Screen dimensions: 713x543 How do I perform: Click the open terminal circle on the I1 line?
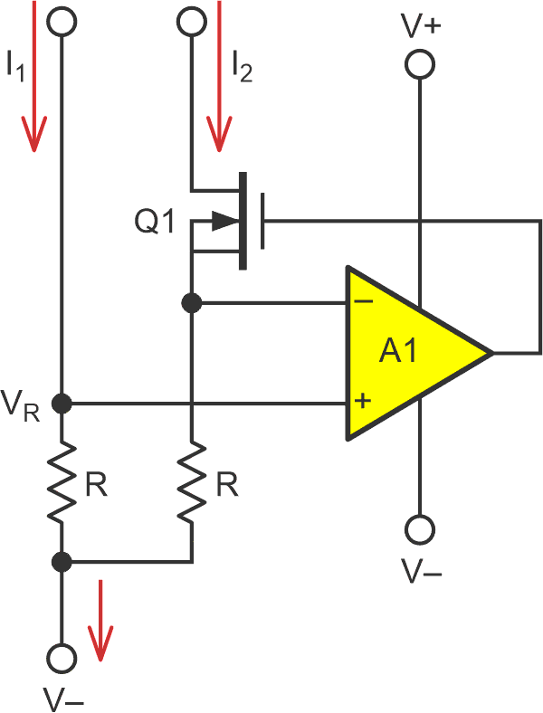click(62, 22)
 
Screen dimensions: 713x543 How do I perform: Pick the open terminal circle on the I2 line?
click(192, 22)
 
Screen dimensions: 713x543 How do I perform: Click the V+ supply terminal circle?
click(420, 64)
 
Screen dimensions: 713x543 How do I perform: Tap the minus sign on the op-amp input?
click(361, 304)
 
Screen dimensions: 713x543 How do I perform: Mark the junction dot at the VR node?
click(62, 403)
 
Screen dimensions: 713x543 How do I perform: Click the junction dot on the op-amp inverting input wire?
click(192, 303)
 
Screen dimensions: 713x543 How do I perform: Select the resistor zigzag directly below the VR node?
click(62, 484)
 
